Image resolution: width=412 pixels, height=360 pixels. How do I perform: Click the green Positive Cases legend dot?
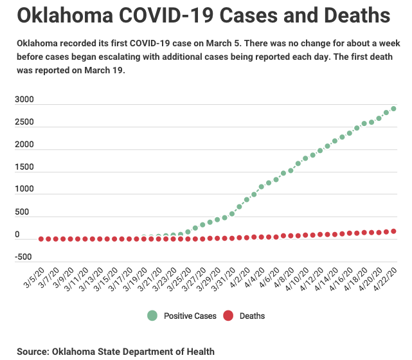(152, 316)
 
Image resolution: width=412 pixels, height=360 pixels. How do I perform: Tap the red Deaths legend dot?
(229, 316)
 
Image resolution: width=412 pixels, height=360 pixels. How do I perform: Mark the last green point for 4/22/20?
(393, 109)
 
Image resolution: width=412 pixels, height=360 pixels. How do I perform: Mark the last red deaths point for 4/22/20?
(393, 231)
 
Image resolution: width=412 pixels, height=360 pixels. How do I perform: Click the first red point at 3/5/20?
(41, 239)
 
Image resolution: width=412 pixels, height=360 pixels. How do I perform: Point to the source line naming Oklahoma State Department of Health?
(116, 352)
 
